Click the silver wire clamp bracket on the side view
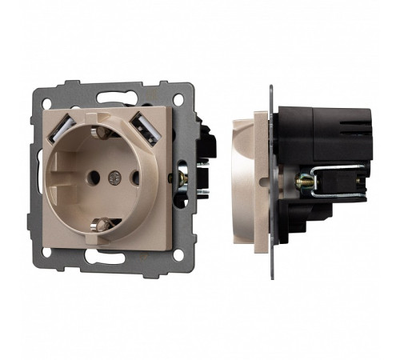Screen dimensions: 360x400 pyautogui.click(x=336, y=183)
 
